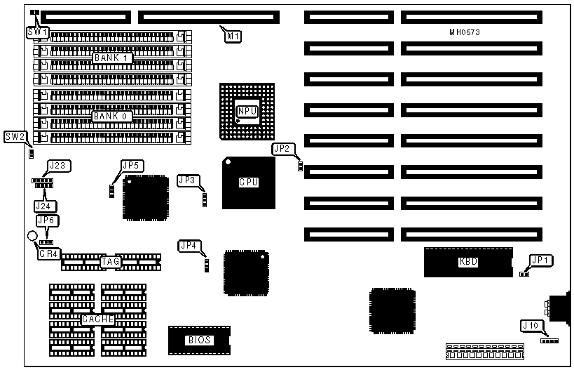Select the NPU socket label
click(x=247, y=112)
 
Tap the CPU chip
click(x=249, y=183)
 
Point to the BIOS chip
click(x=199, y=341)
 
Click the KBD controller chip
click(x=468, y=262)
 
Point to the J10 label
click(x=531, y=325)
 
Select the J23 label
click(x=60, y=166)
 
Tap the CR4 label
click(x=49, y=253)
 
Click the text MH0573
click(x=465, y=32)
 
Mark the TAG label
click(x=111, y=262)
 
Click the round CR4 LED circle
click(x=32, y=238)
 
